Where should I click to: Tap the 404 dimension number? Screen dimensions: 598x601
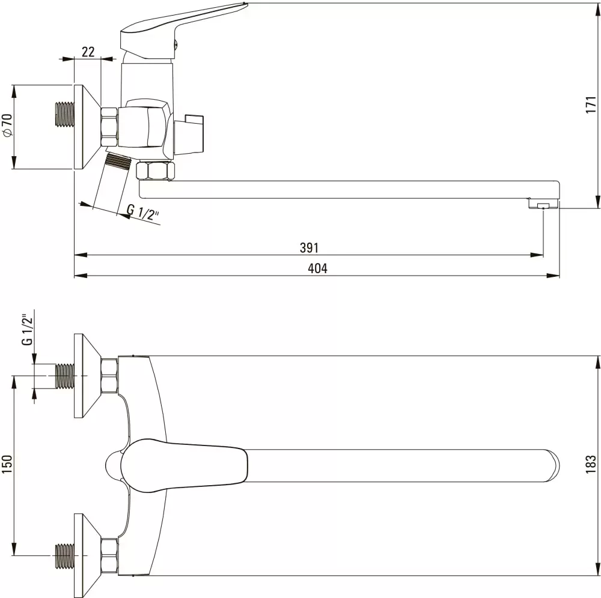317,268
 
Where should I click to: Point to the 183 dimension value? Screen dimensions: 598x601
590,462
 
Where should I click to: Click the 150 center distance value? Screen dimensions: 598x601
7,465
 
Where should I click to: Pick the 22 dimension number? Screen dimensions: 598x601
88,52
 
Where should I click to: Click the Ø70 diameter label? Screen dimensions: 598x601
7,125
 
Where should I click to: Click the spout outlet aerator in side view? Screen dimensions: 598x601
543,205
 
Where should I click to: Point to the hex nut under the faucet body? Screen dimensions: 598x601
154,171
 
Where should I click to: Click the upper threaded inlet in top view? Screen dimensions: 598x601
63,376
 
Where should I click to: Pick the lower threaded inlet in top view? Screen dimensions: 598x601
63,555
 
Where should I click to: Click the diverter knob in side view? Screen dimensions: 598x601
194,132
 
